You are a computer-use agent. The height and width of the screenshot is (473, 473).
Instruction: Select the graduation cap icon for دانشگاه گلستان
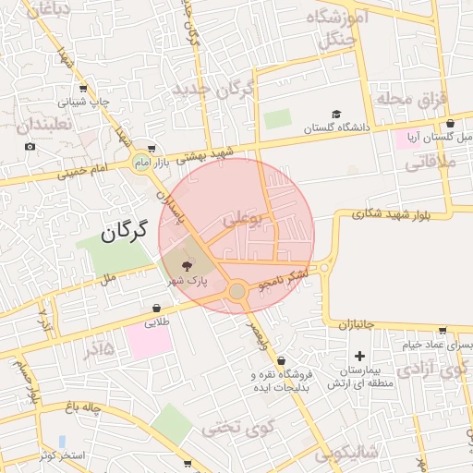tap(337, 114)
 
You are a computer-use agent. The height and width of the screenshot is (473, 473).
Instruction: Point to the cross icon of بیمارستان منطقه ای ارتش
tap(359, 356)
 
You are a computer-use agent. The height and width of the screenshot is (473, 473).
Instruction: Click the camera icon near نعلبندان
tap(30, 146)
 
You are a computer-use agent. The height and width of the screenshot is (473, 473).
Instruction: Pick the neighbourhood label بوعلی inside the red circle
tap(243, 219)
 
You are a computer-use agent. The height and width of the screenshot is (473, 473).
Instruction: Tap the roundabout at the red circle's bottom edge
tap(237, 292)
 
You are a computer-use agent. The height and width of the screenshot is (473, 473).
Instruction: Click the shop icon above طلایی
tap(157, 309)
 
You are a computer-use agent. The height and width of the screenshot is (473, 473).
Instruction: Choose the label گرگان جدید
tap(213, 90)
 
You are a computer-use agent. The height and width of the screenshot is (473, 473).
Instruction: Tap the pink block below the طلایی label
tap(149, 342)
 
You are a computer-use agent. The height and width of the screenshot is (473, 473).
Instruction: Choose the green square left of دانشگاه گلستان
tap(276, 119)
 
